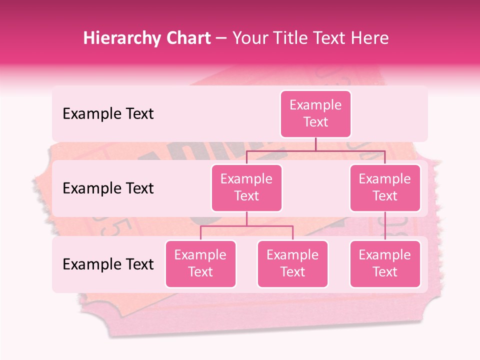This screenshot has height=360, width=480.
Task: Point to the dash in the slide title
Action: pos(221,38)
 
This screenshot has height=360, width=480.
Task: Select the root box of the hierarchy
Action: pos(315,113)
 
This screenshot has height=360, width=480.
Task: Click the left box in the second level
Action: pos(246,187)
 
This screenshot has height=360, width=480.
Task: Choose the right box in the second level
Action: pos(385,187)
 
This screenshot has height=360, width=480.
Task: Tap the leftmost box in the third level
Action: pos(200,263)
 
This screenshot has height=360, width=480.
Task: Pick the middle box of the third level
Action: pos(292,263)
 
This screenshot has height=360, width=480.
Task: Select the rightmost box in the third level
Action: pos(385,263)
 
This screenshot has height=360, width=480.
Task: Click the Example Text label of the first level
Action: pos(108,113)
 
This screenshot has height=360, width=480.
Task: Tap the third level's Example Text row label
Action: pos(108,264)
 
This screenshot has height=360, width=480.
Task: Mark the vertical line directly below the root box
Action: pos(315,144)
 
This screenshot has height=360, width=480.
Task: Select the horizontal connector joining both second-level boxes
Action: pos(315,150)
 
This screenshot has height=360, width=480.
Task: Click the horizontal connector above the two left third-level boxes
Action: pos(246,226)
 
